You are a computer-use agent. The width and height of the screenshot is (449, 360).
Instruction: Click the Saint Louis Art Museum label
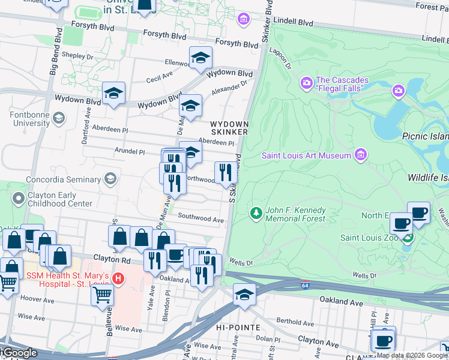pos(306,156)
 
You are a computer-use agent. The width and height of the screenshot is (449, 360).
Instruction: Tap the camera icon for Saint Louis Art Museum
pos(360,155)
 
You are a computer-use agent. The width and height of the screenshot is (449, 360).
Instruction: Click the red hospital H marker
pos(119,279)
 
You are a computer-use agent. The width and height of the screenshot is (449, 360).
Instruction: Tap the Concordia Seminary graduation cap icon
pos(110,179)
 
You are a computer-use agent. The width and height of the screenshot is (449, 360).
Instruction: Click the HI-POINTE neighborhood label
pos(238,328)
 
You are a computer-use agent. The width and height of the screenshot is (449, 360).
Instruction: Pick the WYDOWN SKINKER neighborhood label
pos(229,128)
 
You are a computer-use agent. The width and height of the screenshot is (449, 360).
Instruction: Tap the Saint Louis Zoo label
pos(367,238)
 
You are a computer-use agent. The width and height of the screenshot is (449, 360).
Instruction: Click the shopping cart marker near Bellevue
pos(103,294)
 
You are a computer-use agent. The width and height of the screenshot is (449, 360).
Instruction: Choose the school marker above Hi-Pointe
pos(244,295)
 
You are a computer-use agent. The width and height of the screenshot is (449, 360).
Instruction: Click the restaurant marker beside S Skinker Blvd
pos(226,172)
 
